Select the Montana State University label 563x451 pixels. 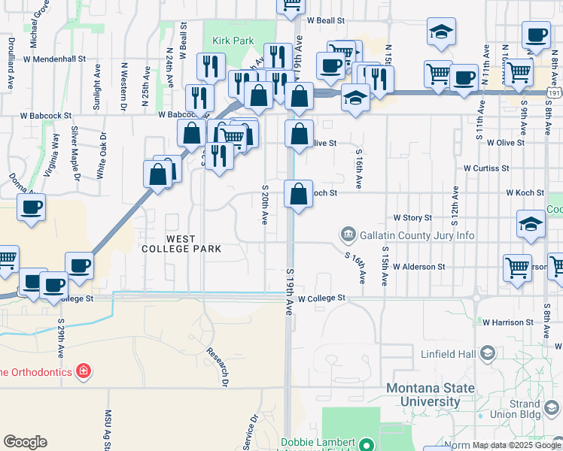point(430,395)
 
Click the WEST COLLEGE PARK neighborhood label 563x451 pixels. point(183,244)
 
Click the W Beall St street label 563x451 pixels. point(325,21)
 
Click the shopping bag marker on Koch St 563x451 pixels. point(299,194)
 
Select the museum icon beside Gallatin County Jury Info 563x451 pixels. point(348,235)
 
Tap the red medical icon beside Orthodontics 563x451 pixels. point(84,371)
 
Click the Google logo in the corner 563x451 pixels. point(25,442)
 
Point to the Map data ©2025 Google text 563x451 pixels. point(516,445)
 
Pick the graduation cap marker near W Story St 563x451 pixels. point(531,224)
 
